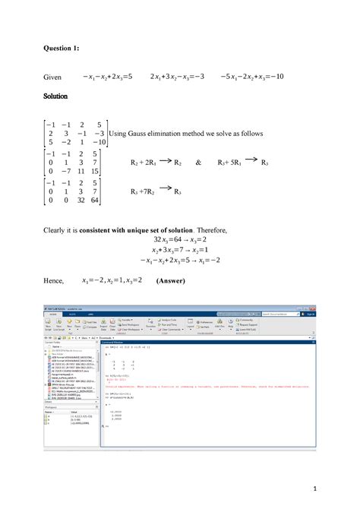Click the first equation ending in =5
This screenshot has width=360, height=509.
click(x=108, y=77)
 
